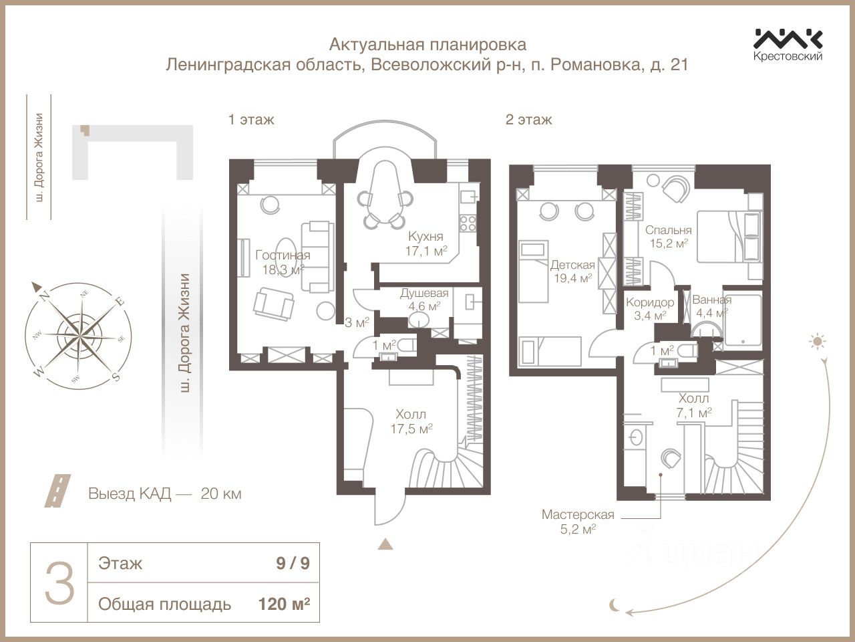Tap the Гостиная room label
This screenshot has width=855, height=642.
(x=283, y=255)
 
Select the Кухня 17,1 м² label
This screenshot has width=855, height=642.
(x=425, y=243)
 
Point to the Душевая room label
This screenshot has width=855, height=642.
(x=424, y=293)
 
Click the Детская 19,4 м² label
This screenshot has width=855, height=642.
(x=573, y=272)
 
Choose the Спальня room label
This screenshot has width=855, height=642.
(x=669, y=230)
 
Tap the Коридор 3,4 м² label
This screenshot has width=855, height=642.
(x=650, y=309)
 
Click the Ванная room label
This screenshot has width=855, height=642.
(x=711, y=300)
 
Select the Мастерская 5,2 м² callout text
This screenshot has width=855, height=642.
(x=578, y=522)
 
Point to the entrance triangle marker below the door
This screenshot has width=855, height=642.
(x=385, y=544)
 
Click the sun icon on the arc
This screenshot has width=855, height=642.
(x=817, y=342)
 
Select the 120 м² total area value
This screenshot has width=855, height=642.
(x=284, y=605)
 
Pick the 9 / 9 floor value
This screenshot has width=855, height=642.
(x=293, y=564)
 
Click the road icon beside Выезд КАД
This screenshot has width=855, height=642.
(x=57, y=490)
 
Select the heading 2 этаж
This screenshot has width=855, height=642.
(x=528, y=119)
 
